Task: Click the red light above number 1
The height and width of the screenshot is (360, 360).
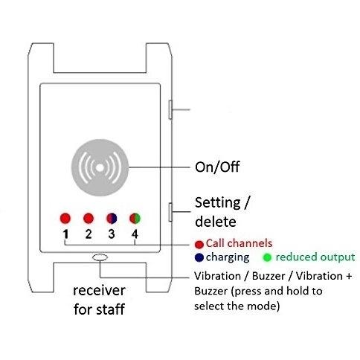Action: [65, 218]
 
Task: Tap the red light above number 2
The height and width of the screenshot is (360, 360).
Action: [89, 218]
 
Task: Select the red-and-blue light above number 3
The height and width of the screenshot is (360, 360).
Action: [112, 218]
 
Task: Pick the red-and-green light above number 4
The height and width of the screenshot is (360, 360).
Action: [135, 218]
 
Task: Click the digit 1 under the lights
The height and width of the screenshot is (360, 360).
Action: [65, 234]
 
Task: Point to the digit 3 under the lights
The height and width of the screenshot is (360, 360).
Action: [112, 234]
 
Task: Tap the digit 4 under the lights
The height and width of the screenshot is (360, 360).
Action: [135, 234]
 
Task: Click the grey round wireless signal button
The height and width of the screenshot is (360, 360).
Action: [100, 167]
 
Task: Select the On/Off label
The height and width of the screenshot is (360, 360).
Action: [217, 167]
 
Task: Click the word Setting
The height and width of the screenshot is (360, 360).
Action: [218, 203]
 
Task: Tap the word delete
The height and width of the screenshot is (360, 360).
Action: [216, 222]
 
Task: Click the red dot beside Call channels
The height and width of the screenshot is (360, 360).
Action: [199, 245]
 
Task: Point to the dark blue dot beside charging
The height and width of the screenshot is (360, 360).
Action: [199, 257]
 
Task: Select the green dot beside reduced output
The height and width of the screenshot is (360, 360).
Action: [267, 257]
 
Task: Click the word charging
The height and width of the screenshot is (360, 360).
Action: [228, 257]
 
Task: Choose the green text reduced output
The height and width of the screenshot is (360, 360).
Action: [315, 257]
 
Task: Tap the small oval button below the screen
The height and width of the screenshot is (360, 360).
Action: [100, 257]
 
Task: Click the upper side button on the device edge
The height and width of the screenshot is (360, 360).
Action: [170, 109]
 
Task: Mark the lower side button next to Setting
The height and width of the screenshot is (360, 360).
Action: [170, 212]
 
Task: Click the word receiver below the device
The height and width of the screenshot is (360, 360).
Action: [99, 291]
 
